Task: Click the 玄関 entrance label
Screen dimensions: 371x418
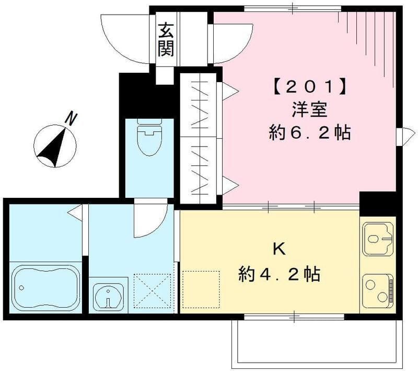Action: tap(166, 40)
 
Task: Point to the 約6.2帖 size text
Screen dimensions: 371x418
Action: tap(309, 133)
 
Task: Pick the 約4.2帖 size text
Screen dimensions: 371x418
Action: tap(280, 273)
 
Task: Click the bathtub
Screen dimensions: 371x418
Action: tap(46, 286)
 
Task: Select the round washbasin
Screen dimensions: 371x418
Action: tap(108, 297)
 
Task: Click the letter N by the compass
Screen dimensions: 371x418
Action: tap(72, 119)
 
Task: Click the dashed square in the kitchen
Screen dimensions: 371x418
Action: tap(201, 289)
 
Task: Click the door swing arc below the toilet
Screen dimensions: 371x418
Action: tap(147, 219)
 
